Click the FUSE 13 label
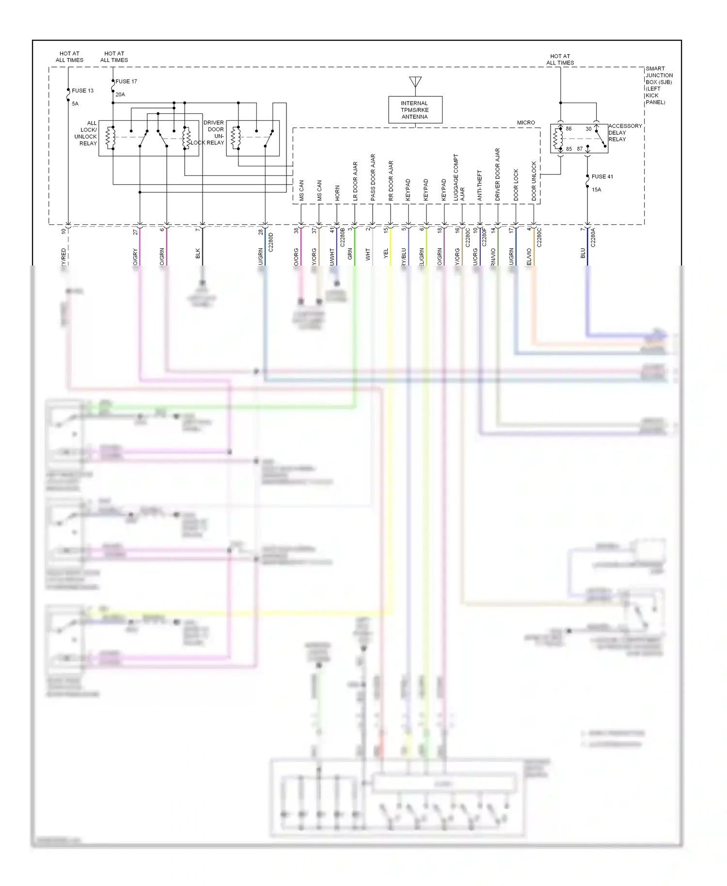(82, 91)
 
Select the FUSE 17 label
(126, 81)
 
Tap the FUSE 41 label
(602, 176)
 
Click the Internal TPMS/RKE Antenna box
(415, 110)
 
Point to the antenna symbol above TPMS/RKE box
(415, 81)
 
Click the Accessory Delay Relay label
(625, 132)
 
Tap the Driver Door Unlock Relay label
(213, 133)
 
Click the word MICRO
(526, 123)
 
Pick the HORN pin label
(337, 193)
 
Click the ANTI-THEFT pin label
(480, 185)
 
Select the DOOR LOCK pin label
(516, 185)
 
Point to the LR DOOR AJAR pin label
(355, 181)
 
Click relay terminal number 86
(569, 129)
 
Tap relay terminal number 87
(580, 149)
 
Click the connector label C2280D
(271, 242)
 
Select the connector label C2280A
(593, 238)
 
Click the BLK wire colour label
(198, 253)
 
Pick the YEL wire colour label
(386, 253)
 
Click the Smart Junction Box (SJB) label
(659, 85)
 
